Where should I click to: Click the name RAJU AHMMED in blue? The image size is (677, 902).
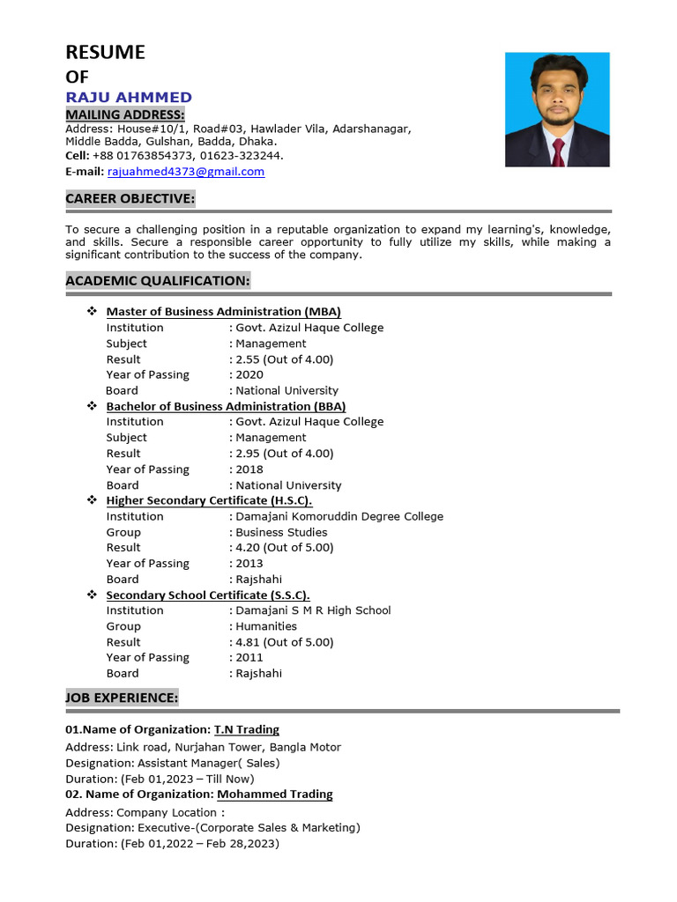pyautogui.click(x=129, y=98)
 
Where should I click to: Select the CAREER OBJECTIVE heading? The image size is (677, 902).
pyautogui.click(x=130, y=199)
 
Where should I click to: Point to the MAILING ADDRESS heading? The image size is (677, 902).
pyautogui.click(x=125, y=115)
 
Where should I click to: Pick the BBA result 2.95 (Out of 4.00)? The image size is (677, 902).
pyautogui.click(x=284, y=454)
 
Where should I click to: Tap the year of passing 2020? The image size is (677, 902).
pyautogui.click(x=249, y=375)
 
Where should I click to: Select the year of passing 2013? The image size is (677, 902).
pyautogui.click(x=249, y=564)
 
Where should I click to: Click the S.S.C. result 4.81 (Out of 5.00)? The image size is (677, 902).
pyautogui.click(x=284, y=642)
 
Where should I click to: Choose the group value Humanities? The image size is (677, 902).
pyautogui.click(x=266, y=626)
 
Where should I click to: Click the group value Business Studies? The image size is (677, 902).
pyautogui.click(x=281, y=532)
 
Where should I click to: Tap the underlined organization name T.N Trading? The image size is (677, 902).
pyautogui.click(x=247, y=729)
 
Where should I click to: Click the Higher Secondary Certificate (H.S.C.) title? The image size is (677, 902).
pyautogui.click(x=209, y=500)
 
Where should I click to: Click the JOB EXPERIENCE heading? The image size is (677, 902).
pyautogui.click(x=122, y=698)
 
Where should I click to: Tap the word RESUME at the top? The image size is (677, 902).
pyautogui.click(x=105, y=53)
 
